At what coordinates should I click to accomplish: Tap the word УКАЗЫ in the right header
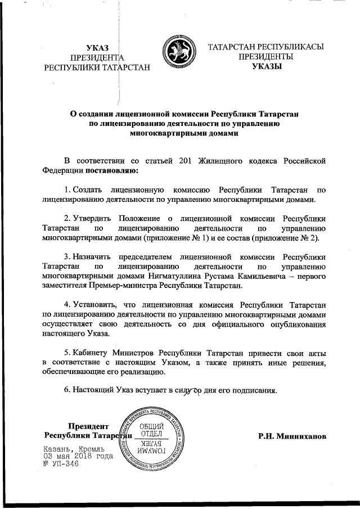[x=265, y=67]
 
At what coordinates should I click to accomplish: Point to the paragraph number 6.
[x=66, y=389]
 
